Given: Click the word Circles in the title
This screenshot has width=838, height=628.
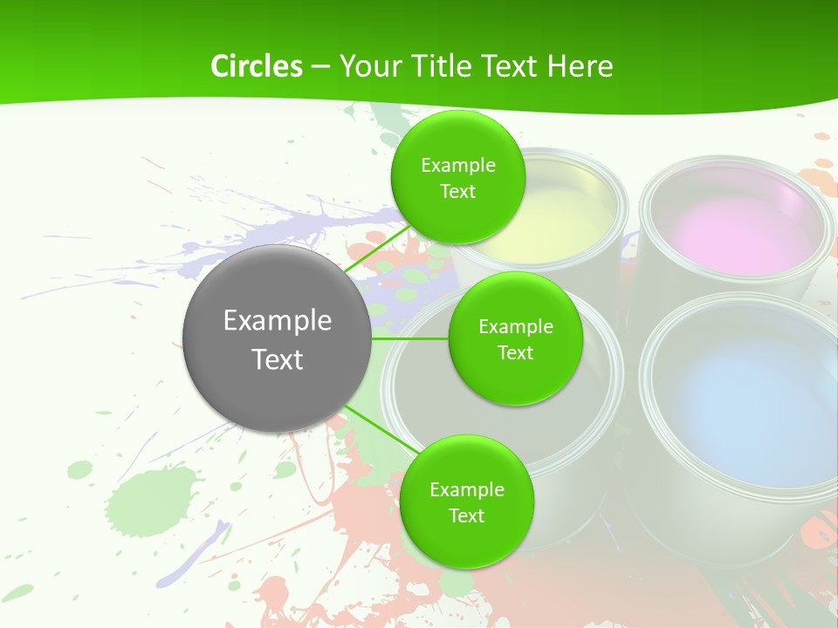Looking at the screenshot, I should pyautogui.click(x=256, y=66).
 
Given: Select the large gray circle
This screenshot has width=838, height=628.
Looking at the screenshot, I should pyautogui.click(x=277, y=338).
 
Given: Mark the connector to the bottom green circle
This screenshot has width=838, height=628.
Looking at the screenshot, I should pyautogui.click(x=381, y=430).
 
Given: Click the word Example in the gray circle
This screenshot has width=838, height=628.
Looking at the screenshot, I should pyautogui.click(x=277, y=320).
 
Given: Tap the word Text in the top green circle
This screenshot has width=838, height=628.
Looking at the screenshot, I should pyautogui.click(x=458, y=192).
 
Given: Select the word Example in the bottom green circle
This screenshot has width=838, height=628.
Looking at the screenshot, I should pyautogui.click(x=466, y=490).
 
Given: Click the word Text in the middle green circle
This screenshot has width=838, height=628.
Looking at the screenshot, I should pyautogui.click(x=515, y=352).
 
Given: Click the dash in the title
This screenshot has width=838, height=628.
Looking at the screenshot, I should pyautogui.click(x=319, y=67).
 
